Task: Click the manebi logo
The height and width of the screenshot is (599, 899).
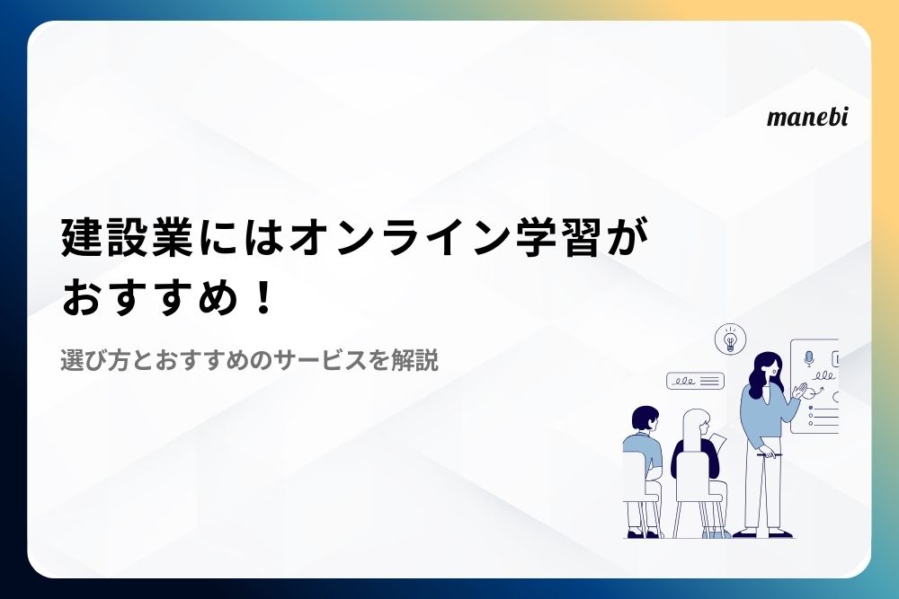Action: click(x=807, y=117)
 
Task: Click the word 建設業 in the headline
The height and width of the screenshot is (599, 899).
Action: click(x=127, y=237)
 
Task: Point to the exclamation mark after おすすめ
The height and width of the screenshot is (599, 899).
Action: click(x=263, y=299)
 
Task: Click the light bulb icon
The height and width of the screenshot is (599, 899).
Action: click(x=730, y=339)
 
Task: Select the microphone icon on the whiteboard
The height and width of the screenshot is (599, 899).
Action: click(x=809, y=359)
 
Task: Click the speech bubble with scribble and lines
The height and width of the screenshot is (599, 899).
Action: click(x=695, y=381)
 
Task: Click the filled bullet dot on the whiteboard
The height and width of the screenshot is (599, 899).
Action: click(x=811, y=408)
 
